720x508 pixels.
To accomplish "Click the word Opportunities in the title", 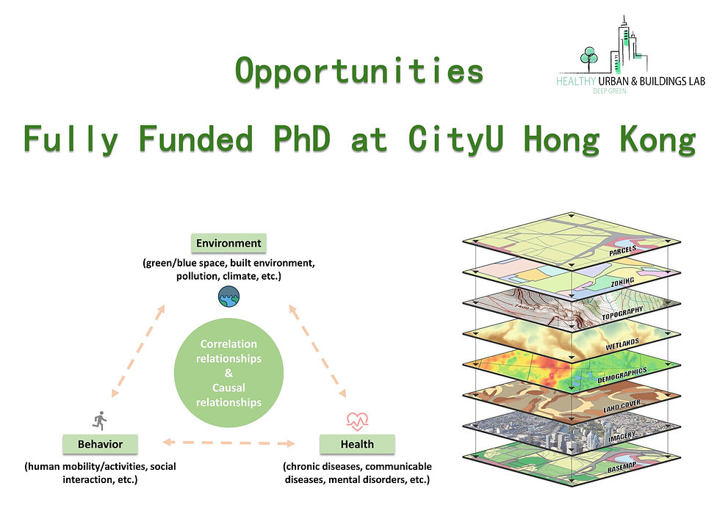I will click(x=359, y=71).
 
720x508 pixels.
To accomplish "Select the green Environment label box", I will click(x=228, y=243).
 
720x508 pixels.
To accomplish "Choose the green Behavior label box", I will click(x=100, y=444).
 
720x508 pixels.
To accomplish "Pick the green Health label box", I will click(x=357, y=444).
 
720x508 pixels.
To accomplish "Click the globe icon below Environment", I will click(x=228, y=297).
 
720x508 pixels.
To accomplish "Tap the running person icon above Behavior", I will click(x=100, y=420).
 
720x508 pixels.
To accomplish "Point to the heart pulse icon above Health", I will click(x=357, y=421).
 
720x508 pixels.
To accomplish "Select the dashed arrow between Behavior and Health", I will click(x=228, y=443).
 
